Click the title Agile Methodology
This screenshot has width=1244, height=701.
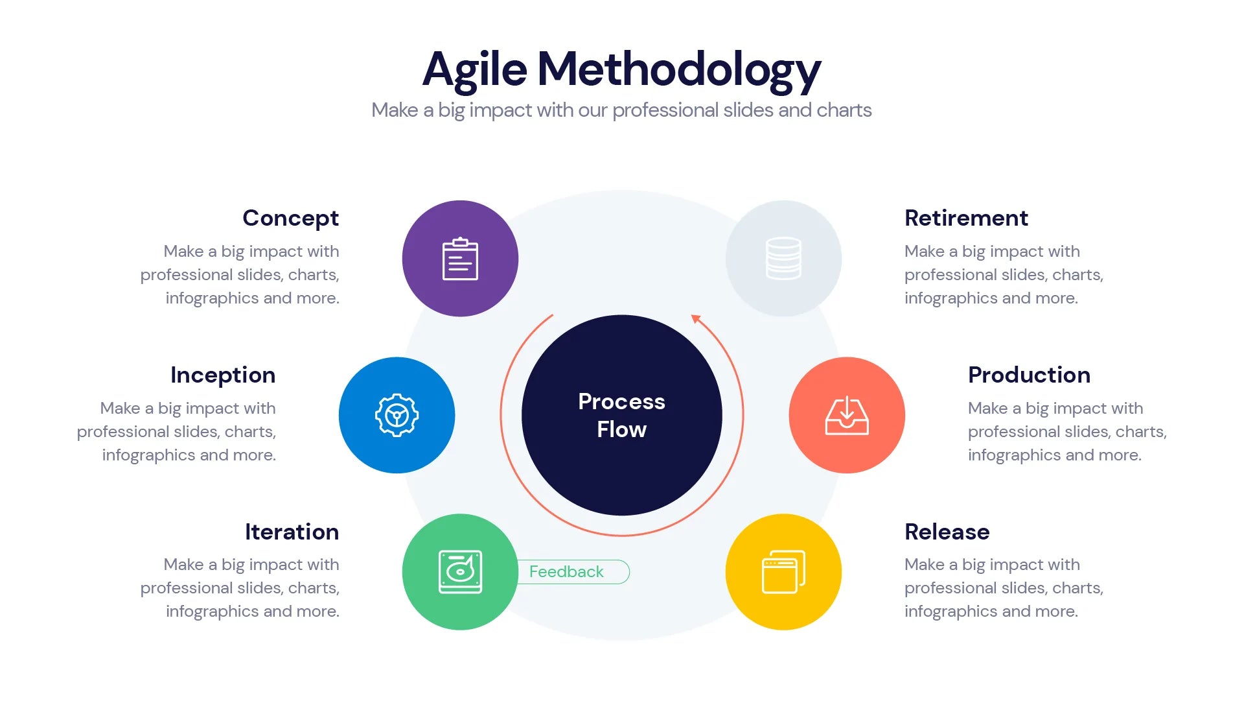click(621, 69)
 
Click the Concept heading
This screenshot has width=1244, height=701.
click(290, 219)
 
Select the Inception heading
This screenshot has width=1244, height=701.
click(223, 375)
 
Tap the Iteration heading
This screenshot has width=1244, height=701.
click(292, 532)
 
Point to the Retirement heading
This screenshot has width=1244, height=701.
click(966, 219)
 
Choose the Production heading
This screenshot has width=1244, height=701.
click(1029, 375)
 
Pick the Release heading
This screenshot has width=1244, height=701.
click(947, 532)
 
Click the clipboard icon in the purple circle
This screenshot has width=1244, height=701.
click(460, 259)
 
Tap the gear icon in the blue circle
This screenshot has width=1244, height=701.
click(397, 415)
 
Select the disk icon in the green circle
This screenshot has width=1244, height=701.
click(460, 571)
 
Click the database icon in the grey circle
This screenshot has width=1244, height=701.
click(783, 258)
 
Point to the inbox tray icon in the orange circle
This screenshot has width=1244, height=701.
click(846, 416)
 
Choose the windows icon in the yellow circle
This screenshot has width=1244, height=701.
click(783, 571)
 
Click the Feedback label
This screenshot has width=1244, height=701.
click(566, 572)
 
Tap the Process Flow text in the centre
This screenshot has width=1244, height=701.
click(621, 415)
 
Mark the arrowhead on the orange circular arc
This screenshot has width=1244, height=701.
click(696, 318)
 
